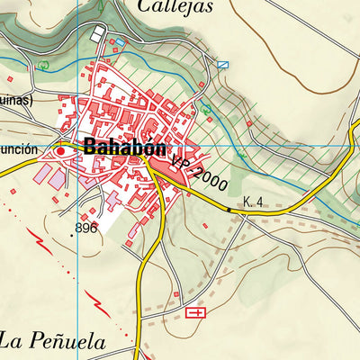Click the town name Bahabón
coord(127,147)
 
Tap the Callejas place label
coord(175,7)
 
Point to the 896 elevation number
coord(86,229)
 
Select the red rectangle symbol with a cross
coord(195,312)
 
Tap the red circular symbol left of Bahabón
coord(61,152)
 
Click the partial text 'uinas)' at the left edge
coord(15,101)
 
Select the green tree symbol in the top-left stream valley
coord(44,66)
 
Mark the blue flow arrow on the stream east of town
coord(241,156)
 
